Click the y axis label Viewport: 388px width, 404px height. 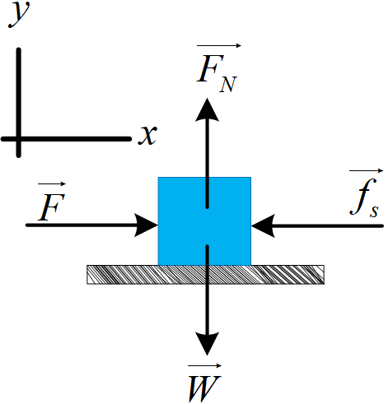coord(19,14)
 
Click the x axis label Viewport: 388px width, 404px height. coord(147,135)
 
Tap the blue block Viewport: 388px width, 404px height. coord(204,221)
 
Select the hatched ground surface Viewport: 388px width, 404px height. coord(205,275)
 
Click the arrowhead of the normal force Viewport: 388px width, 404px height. coord(207,110)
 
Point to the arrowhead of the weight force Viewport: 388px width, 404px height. coord(207,344)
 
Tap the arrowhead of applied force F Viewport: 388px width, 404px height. coord(146,225)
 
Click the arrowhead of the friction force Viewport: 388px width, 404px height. coord(263,225)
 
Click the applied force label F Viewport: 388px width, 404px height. coord(51,207)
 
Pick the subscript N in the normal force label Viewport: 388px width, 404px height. coord(227,84)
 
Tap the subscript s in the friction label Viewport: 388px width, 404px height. coord(374,211)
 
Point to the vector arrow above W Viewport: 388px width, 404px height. coord(204,365)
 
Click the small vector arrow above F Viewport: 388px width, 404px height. coord(52,183)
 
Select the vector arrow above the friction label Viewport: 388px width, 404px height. coord(366,171)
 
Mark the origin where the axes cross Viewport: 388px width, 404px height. coord(19,139)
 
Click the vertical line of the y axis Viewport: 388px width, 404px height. coord(19,103)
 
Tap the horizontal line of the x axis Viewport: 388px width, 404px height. coord(66,139)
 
